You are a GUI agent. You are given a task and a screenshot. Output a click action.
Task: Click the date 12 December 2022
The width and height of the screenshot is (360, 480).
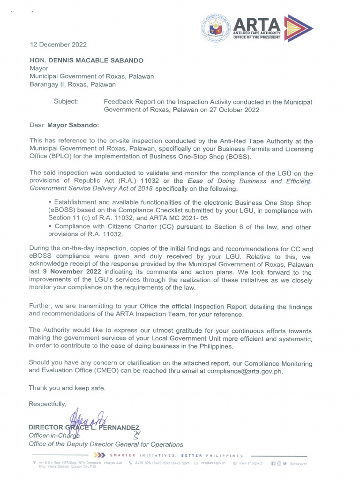58,45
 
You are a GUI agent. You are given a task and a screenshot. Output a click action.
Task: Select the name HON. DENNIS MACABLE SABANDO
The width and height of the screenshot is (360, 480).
87,60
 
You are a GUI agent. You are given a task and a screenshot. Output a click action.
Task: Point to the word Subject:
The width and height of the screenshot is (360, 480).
66,102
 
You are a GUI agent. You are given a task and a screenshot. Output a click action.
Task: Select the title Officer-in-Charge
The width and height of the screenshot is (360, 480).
54,435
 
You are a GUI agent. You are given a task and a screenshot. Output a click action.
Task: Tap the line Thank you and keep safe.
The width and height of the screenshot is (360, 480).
67,388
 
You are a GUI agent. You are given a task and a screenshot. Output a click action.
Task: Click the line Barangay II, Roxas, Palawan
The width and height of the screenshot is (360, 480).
73,85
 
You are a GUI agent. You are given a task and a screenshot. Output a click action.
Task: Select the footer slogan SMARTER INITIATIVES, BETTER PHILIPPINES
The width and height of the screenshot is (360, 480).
176,455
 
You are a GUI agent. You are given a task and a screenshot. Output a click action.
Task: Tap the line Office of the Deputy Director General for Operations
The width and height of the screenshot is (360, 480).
106,444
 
